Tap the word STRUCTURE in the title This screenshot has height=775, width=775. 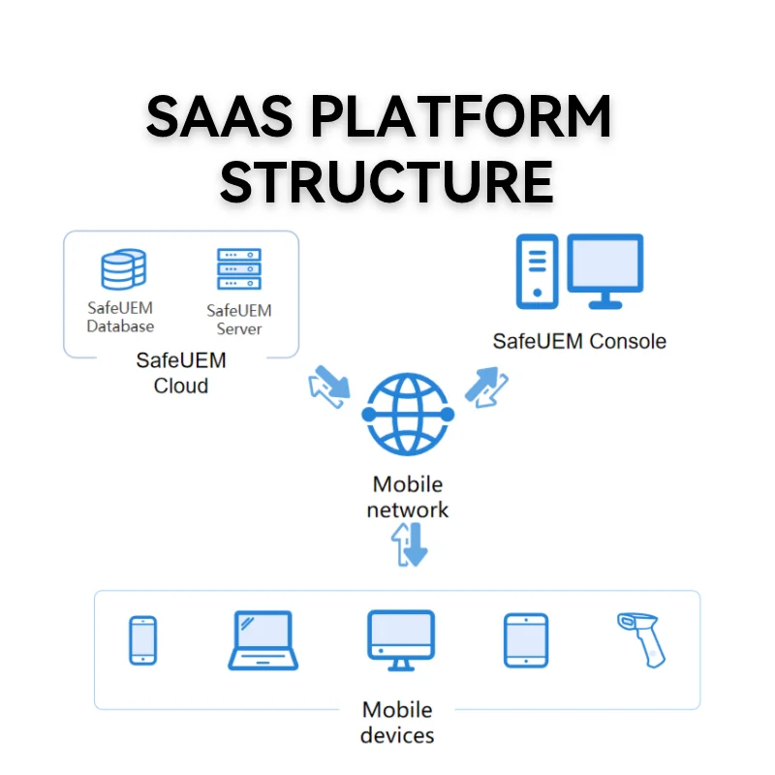(387, 181)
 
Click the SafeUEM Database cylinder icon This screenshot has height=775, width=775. (123, 270)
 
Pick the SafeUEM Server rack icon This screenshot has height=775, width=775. (239, 269)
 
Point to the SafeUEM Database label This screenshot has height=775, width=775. (120, 317)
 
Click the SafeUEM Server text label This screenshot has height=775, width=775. (239, 320)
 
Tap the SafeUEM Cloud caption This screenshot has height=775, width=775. (181, 373)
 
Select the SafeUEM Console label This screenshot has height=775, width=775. (579, 341)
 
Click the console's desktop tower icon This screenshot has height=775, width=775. (536, 270)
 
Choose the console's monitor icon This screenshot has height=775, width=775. (605, 270)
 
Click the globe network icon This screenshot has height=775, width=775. (406, 414)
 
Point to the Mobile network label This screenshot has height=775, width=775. (407, 496)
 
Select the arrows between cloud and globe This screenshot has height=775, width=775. (328, 387)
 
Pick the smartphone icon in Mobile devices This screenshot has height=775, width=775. (143, 640)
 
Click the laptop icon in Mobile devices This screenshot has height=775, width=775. (263, 640)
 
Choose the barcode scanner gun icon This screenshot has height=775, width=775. (642, 638)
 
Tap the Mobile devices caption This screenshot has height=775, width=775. (397, 723)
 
